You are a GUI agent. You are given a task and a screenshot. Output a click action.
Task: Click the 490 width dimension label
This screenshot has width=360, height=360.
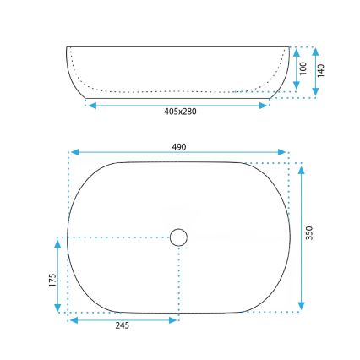[179, 146]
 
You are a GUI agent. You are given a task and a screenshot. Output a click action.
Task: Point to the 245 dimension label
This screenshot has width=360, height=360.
[123, 327]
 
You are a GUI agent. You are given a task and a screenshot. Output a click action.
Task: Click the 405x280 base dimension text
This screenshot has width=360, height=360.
[179, 112]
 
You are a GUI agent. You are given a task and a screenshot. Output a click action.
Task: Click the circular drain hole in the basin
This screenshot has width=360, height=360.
[178, 237]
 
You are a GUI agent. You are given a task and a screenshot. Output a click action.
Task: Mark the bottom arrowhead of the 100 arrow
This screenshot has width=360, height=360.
[296, 87]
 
